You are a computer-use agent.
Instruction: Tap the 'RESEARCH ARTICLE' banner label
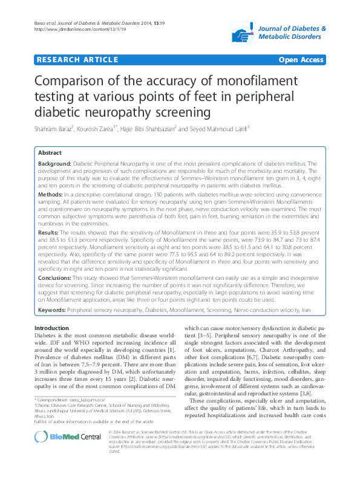77,60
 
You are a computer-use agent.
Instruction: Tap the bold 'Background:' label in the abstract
54,164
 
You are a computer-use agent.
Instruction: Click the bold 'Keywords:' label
52,310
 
